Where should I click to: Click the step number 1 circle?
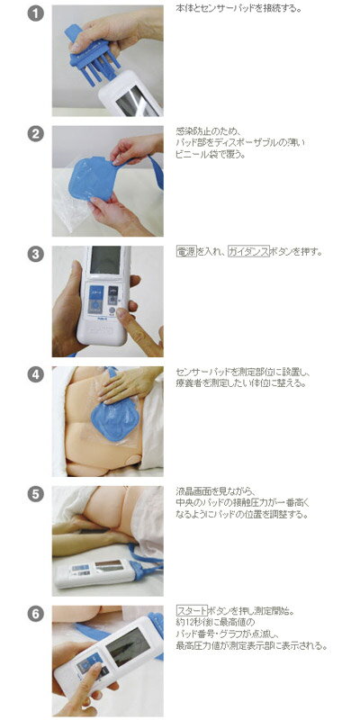click(36, 13)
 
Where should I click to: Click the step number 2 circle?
click(36, 134)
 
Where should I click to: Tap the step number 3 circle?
click(36, 254)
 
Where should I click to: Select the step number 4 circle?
click(36, 374)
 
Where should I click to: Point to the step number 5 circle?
click(36, 494)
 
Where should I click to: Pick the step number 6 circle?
click(36, 614)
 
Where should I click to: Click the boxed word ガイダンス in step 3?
click(248, 252)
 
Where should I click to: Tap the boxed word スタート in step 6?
click(192, 611)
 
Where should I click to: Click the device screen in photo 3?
click(105, 260)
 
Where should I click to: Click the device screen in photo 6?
click(128, 646)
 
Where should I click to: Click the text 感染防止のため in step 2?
click(202, 131)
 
